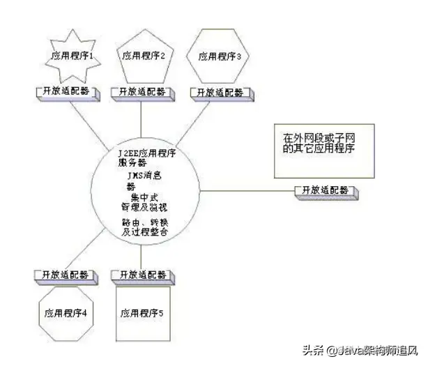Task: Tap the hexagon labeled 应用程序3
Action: pos(219,56)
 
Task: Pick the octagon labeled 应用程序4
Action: pos(64,313)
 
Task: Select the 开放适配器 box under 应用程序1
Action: pos(64,91)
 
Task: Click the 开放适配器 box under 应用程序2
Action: pos(142,91)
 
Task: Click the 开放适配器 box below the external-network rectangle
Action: pos(325,190)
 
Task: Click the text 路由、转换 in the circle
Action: pos(144,222)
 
